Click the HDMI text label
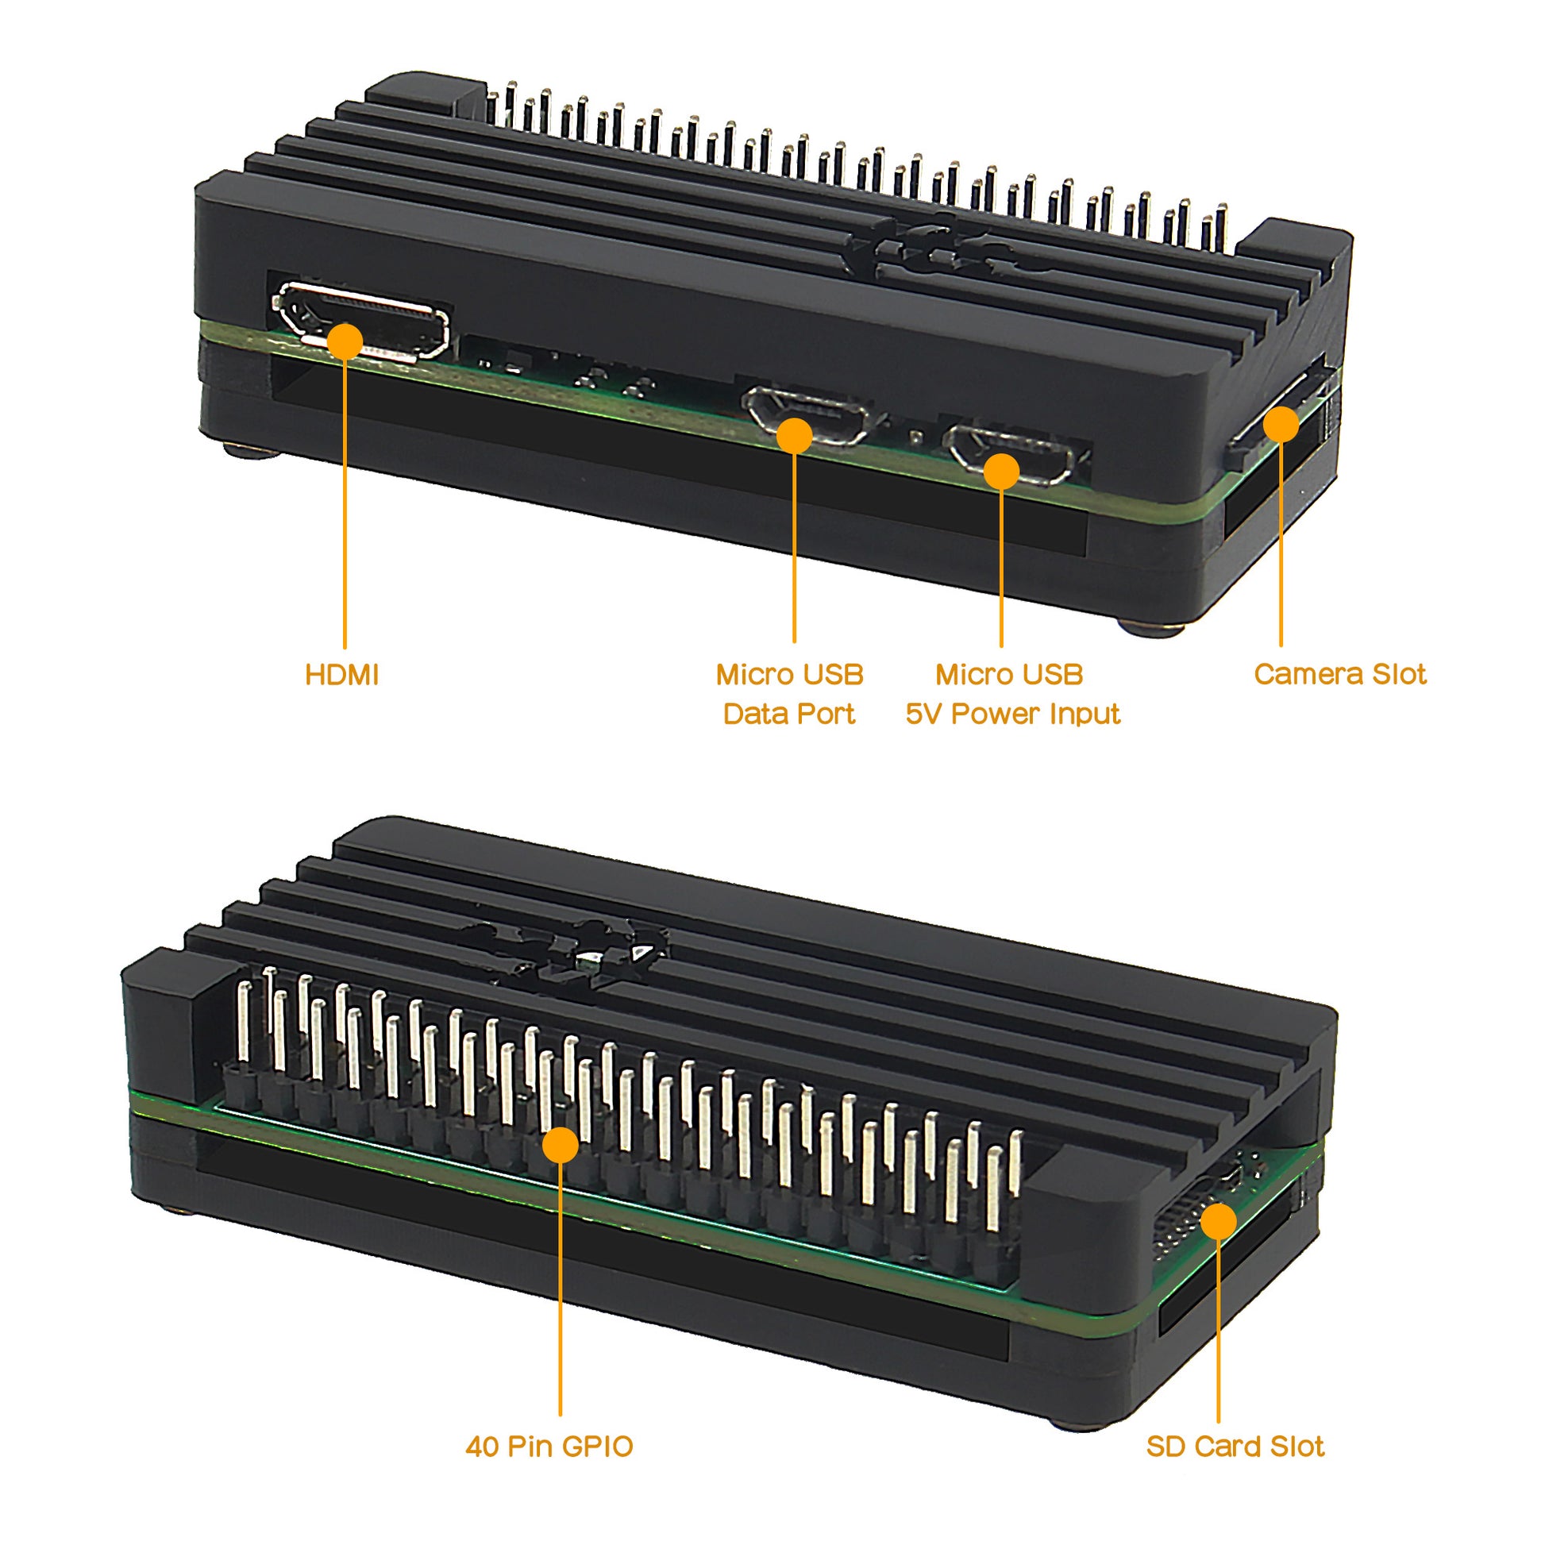click(x=341, y=675)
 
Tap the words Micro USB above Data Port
click(x=789, y=674)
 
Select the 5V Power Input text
click(x=1012, y=713)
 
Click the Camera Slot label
click(x=1339, y=674)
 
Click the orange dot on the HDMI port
click(x=345, y=341)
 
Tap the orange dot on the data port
click(x=794, y=436)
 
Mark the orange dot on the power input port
click(x=1001, y=472)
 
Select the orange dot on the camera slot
click(x=1281, y=425)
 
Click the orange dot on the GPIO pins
click(x=561, y=1144)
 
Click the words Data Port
click(x=789, y=713)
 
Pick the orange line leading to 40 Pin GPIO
click(x=561, y=1289)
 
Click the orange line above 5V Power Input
click(x=1001, y=568)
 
